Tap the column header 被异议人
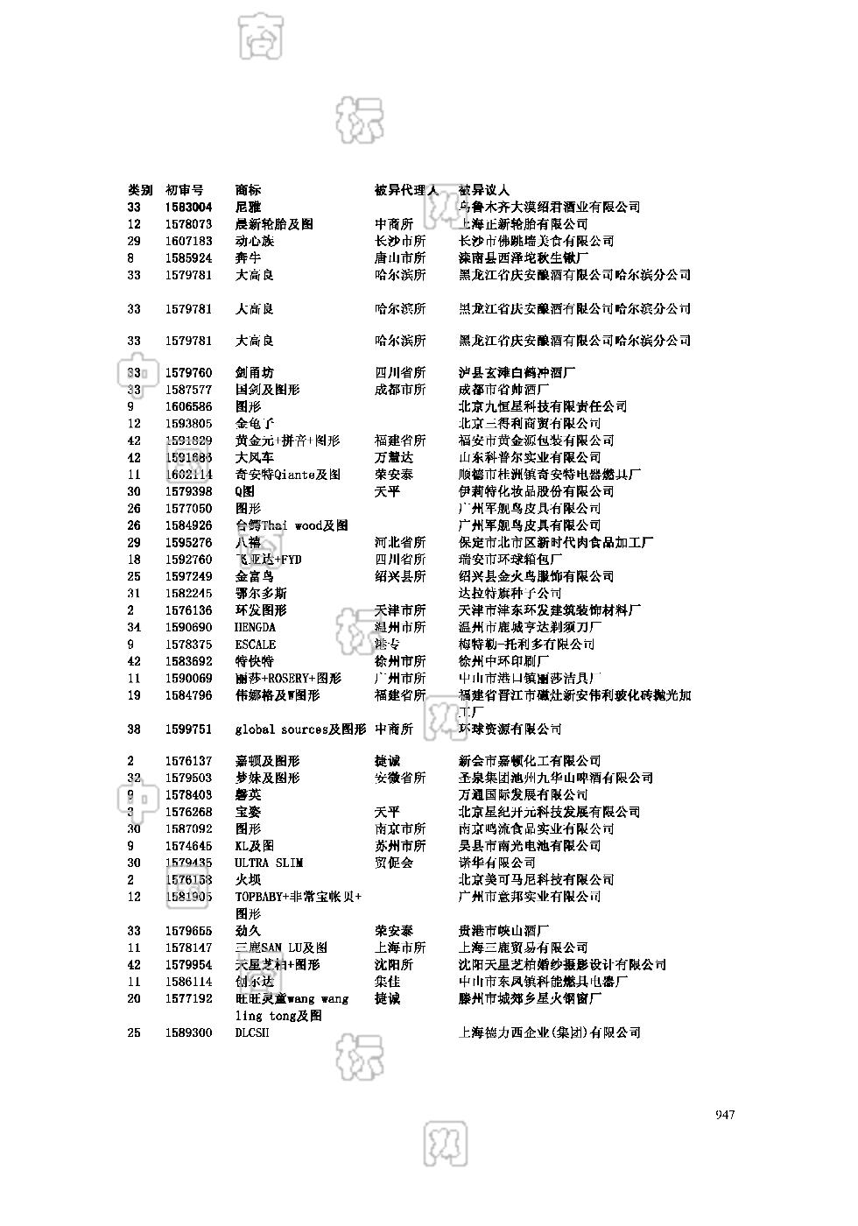click(x=483, y=190)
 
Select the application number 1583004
click(x=188, y=208)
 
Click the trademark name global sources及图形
click(x=300, y=729)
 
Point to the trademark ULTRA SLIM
click(x=269, y=863)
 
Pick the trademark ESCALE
click(x=255, y=645)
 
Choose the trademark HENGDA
click(x=255, y=628)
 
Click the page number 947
click(x=724, y=1115)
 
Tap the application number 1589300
click(x=188, y=1033)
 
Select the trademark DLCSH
click(x=252, y=1033)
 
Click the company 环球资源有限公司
click(x=510, y=729)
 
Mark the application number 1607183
click(x=188, y=242)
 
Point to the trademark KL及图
click(x=254, y=846)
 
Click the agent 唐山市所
click(x=400, y=258)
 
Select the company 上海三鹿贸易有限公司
click(x=523, y=948)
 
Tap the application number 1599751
click(x=188, y=729)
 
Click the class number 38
click(x=134, y=729)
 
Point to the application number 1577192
click(x=188, y=999)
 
